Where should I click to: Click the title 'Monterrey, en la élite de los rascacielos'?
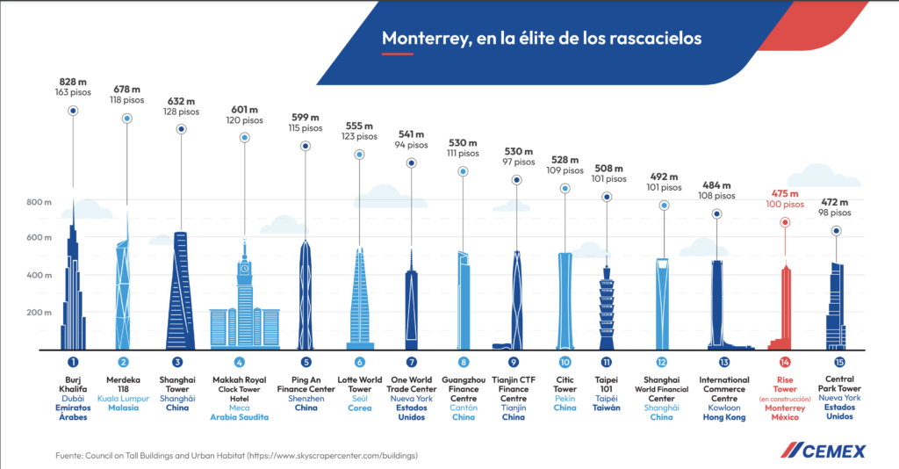coord(541,39)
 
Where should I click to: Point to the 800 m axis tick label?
coord(36,202)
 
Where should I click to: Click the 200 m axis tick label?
coord(36,313)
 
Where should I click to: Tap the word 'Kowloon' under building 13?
coord(723,408)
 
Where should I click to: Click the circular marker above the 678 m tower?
coord(126,118)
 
